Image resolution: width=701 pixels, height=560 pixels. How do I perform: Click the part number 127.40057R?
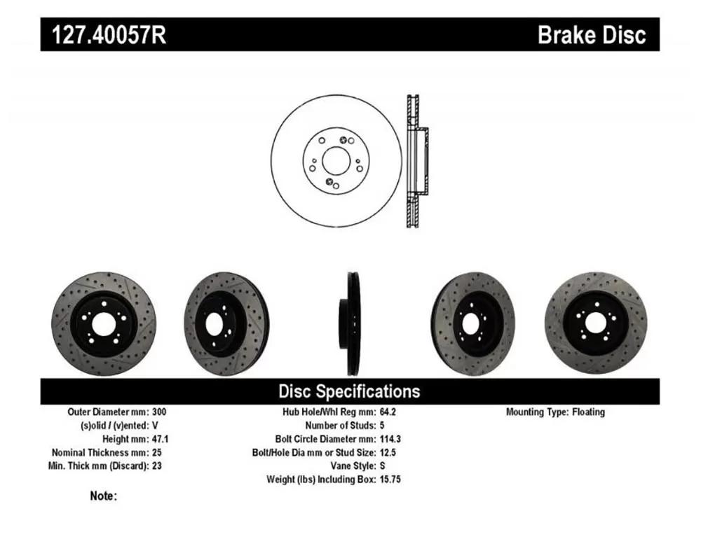(109, 35)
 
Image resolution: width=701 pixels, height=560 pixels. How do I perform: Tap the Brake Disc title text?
(592, 35)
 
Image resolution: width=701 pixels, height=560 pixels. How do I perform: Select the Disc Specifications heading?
(349, 391)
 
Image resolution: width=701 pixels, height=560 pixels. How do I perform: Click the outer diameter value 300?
(159, 412)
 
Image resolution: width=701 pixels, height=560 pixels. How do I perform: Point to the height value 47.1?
(160, 439)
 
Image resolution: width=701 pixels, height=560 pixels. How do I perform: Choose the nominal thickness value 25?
(156, 452)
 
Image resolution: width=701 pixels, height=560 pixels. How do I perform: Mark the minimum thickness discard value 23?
(156, 465)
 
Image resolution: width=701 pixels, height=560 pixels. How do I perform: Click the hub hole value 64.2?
(388, 412)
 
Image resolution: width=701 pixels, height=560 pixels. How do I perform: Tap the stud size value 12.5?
(388, 452)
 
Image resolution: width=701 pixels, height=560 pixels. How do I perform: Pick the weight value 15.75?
(390, 479)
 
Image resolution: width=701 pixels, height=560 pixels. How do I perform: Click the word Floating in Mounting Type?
(588, 412)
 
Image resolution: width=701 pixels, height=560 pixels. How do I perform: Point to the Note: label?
(103, 496)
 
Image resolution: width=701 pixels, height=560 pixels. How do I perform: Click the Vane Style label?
(353, 465)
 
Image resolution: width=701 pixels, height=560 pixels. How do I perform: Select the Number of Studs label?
(341, 426)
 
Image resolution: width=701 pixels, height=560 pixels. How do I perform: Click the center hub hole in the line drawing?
(336, 161)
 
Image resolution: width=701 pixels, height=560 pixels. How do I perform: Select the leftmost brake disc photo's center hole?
(104, 324)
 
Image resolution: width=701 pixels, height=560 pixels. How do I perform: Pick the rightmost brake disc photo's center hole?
(595, 323)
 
